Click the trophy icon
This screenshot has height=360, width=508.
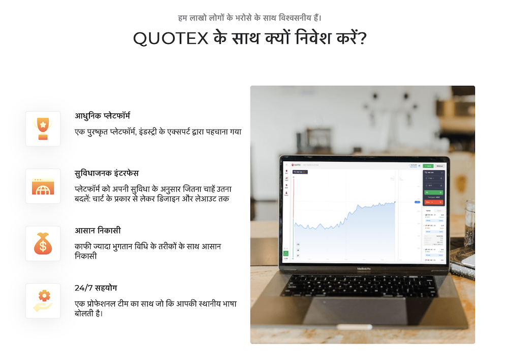[43, 129]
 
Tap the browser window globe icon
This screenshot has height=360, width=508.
[43, 186]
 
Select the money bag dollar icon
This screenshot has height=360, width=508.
[43, 244]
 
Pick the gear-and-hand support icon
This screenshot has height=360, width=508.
[43, 301]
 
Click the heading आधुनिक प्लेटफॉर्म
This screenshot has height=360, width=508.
[103, 116]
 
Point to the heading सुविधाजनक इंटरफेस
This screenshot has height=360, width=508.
[106, 173]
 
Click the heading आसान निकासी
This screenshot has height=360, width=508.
[97, 231]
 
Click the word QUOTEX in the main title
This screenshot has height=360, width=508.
[171, 39]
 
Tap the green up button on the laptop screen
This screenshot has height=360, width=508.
[433, 193]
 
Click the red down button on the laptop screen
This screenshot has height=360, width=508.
[433, 202]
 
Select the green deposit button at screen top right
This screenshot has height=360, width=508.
[428, 166]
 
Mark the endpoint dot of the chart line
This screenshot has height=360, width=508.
[395, 202]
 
